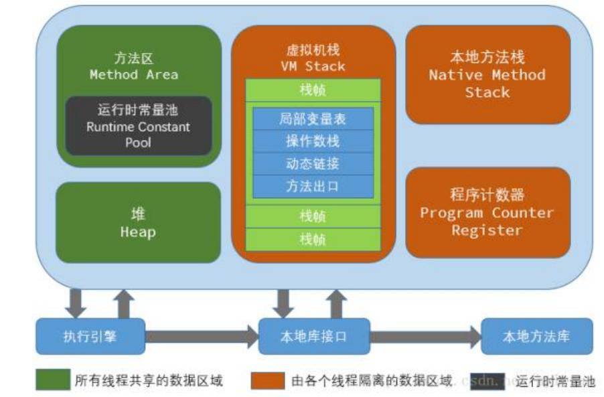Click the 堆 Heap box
tap(138, 223)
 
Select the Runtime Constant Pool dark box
tap(139, 127)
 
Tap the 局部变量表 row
tap(313, 119)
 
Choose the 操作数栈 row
tap(313, 141)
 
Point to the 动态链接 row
tap(313, 164)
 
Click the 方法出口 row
tap(313, 187)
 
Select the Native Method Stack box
tap(487, 74)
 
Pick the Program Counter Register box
tap(487, 212)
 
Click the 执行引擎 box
tap(90, 336)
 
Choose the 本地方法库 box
tap(536, 336)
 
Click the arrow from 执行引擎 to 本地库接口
tap(202, 337)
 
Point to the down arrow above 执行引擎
tap(76, 303)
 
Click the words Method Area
tap(134, 75)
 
